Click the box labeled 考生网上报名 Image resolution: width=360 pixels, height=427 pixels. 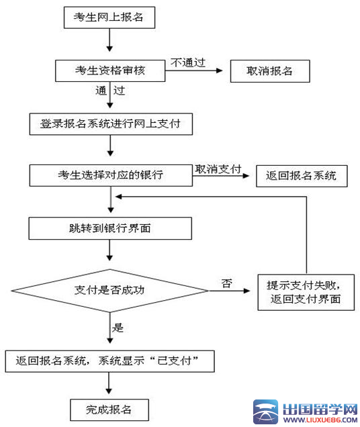coord(109,18)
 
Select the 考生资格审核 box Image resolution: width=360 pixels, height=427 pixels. coord(109,70)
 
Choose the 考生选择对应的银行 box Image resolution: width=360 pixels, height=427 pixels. coord(111,175)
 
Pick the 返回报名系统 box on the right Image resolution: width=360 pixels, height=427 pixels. coord(302,176)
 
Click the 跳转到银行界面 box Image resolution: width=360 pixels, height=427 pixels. coord(111,228)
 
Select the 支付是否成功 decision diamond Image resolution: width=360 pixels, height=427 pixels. coord(109,290)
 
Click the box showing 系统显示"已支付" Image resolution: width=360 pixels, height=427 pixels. coord(110,361)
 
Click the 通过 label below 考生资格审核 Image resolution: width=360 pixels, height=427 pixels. coord(110,89)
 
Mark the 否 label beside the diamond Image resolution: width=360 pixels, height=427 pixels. coord(226,283)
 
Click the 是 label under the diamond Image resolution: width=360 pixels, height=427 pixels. coord(118,328)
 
